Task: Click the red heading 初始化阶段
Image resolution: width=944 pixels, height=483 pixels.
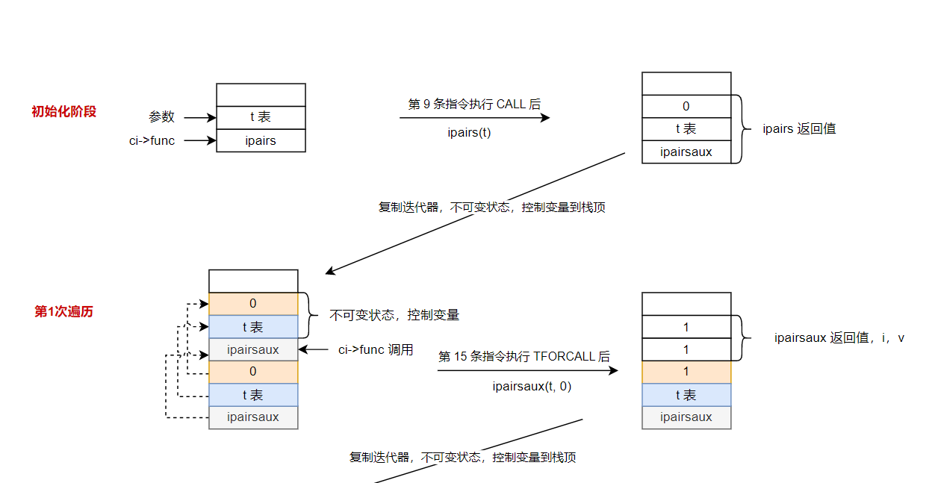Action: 64,112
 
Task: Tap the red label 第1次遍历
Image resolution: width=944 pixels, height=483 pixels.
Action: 64,311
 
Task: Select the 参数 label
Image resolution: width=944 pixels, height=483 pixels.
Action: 161,117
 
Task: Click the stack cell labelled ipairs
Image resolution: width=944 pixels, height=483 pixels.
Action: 261,140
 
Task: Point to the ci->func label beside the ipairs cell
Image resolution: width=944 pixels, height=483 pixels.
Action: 152,140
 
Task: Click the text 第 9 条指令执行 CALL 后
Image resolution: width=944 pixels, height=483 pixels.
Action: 474,105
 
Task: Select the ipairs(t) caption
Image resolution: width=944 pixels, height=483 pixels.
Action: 469,133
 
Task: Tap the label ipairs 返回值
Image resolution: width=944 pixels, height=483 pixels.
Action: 799,128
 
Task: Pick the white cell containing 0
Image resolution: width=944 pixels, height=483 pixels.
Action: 686,107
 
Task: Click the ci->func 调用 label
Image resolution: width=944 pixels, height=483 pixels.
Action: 376,349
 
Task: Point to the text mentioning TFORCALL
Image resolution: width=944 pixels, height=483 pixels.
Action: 524,357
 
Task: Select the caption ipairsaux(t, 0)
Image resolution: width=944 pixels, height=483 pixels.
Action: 532,386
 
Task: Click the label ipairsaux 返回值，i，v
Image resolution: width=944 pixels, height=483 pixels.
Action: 839,338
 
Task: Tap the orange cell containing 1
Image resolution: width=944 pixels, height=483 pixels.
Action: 686,372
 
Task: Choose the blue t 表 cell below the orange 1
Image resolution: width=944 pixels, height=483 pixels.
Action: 686,395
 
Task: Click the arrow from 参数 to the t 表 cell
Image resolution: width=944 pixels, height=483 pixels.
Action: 199,117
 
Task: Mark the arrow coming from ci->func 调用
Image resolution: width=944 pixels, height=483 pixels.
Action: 313,349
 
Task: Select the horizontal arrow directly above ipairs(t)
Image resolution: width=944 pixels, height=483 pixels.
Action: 474,118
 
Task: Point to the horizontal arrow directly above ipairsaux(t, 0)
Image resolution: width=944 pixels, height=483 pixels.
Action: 527,371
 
